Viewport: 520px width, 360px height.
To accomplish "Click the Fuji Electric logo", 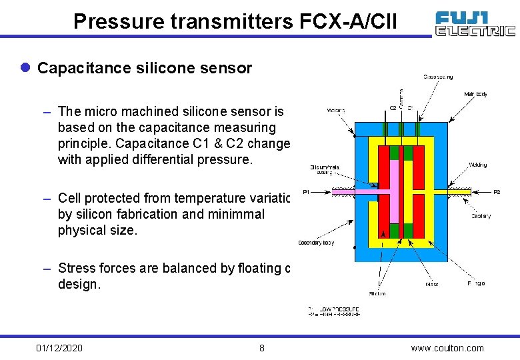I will coord(475,23).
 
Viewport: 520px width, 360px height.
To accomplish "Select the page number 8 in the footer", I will coord(262,348).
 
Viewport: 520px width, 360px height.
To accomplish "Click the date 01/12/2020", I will coord(59,348).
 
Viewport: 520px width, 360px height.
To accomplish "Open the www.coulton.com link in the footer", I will coord(448,348).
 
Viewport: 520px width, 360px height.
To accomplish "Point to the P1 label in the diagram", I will coord(306,192).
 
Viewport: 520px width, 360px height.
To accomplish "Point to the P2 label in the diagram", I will coord(496,192).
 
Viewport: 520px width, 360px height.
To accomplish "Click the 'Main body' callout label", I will coord(475,94).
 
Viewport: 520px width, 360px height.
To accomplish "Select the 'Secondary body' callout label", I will coord(316,243).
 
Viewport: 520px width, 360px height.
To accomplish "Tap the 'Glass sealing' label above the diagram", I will coord(438,77).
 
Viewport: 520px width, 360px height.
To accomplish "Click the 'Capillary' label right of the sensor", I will coord(481,216).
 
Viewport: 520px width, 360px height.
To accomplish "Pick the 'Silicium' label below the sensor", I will coord(377,293).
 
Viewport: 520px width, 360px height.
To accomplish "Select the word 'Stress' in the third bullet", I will coord(75,269).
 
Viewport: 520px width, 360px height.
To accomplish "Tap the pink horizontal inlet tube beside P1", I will coord(353,191).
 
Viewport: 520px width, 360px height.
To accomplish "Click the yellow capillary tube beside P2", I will coord(460,191).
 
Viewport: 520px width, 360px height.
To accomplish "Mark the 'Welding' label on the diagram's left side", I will coord(336,111).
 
